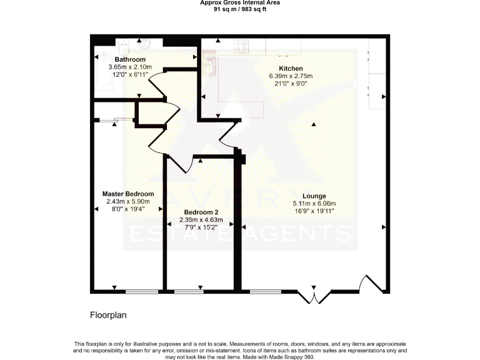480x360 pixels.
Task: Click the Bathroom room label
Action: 117,60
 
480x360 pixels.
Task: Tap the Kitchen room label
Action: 291,68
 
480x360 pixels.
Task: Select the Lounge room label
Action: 314,196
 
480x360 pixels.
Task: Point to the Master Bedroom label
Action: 127,194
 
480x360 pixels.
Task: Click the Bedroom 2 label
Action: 201,212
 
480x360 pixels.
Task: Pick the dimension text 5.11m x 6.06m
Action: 314,204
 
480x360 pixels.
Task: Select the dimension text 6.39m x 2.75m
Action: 291,76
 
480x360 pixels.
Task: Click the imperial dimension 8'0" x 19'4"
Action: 127,209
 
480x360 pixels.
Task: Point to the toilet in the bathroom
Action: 123,44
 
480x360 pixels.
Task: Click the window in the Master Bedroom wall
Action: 142,291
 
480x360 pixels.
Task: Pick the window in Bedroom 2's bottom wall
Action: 189,291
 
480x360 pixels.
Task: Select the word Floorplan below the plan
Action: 108,316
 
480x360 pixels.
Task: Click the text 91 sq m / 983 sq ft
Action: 240,9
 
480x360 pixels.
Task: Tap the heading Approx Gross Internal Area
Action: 240,3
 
